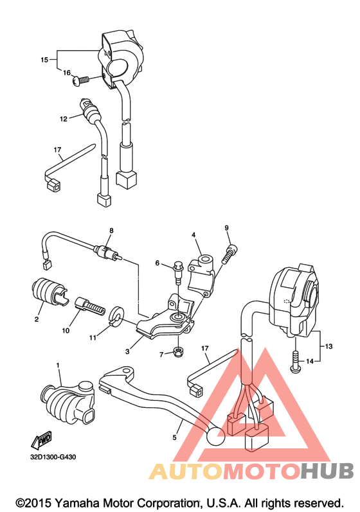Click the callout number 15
pos(44,60)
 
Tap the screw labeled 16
pos(80,80)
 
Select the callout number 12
pos(64,119)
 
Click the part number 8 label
pos(111,231)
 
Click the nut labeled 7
pos(177,351)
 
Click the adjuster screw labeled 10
pos(91,306)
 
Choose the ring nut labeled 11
pos(116,315)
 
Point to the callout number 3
pos(127,351)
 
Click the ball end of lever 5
pos(215,436)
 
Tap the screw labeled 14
pos(295,362)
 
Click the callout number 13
pos(328,346)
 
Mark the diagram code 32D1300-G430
pos(53,457)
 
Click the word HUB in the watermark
pos(327,472)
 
